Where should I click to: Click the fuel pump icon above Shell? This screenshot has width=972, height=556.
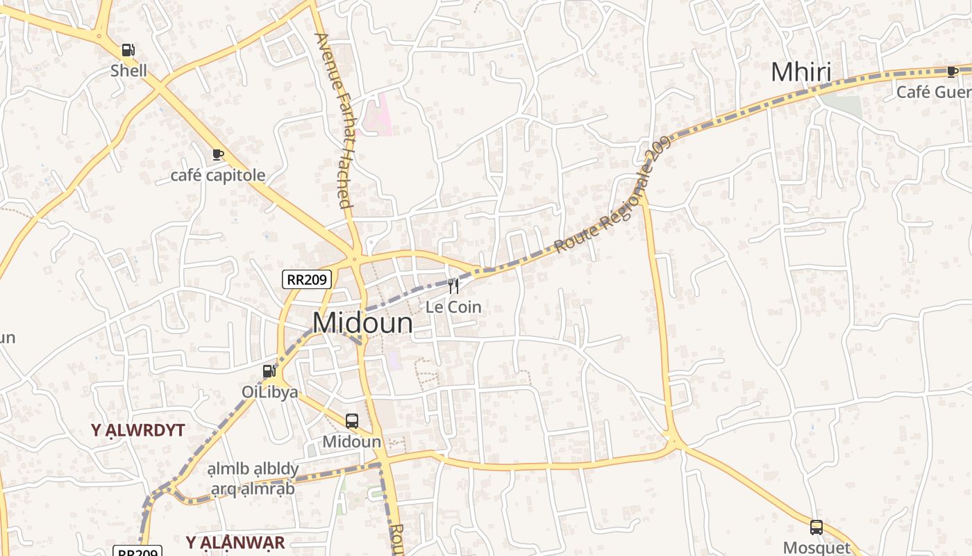click(128, 50)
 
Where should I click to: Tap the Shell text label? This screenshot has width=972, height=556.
click(128, 70)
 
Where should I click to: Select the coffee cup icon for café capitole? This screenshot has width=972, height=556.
click(218, 154)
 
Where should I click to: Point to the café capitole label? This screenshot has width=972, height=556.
click(218, 175)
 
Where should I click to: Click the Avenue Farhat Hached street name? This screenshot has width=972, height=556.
click(334, 121)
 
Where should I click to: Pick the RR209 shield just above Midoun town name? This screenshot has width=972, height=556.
click(307, 279)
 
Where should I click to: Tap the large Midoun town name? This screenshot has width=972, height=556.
click(362, 323)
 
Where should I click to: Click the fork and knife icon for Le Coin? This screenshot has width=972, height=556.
click(453, 286)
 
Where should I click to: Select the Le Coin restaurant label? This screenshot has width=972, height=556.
click(453, 306)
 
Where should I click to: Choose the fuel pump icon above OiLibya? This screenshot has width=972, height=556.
click(269, 372)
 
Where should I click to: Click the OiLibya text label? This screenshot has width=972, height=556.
click(270, 392)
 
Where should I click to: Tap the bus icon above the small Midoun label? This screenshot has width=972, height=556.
click(352, 421)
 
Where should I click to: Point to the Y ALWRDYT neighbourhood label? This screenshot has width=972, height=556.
click(137, 431)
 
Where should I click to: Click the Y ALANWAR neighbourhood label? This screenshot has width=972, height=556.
click(235, 543)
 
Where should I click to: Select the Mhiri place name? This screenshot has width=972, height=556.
click(801, 72)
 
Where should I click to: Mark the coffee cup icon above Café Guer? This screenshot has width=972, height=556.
click(953, 72)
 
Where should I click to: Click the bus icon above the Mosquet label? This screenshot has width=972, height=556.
click(816, 528)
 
